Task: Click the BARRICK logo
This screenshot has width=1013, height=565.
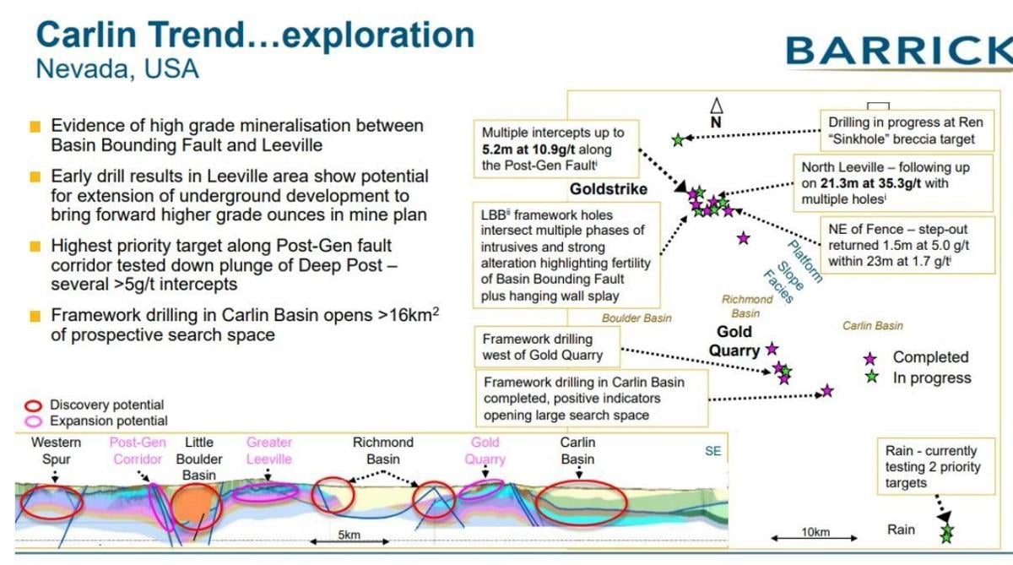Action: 899,51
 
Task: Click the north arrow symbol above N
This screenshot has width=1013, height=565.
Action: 716,106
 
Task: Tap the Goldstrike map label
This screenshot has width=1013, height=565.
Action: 608,189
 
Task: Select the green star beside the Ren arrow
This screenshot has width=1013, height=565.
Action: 677,139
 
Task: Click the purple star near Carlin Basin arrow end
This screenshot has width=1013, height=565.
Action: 827,391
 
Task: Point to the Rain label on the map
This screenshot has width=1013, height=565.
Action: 901,530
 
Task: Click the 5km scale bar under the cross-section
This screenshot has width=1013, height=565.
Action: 349,541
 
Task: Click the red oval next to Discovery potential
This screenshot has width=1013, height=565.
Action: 34,405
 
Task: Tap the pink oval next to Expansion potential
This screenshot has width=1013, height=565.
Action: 34,421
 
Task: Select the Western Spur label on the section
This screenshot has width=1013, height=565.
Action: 57,451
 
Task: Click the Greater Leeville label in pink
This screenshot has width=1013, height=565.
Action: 269,450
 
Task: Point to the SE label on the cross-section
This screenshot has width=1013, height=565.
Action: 712,451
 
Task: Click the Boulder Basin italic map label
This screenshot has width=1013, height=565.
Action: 637,318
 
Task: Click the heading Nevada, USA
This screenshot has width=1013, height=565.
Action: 117,68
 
